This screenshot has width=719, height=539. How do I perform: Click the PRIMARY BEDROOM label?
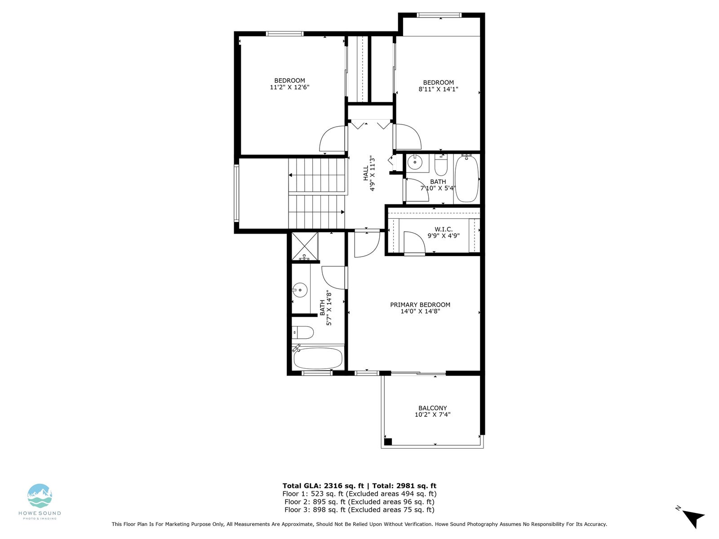tap(420, 305)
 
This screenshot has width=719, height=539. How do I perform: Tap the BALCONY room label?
tap(432, 408)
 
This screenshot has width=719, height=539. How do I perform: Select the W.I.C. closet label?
tap(444, 230)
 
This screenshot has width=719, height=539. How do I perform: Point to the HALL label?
tap(365, 173)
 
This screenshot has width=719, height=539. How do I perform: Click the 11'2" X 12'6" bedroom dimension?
tap(289, 87)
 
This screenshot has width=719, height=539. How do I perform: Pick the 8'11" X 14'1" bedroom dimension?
tap(438, 89)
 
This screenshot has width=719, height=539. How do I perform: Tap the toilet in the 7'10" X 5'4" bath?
tap(441, 166)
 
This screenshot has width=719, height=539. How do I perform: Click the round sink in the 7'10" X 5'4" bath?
tap(415, 162)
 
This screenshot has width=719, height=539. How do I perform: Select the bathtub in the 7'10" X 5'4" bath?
tap(467, 179)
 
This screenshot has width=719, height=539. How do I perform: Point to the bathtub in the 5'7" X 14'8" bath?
tap(318, 358)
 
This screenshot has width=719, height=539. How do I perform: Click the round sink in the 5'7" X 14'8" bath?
tap(300, 290)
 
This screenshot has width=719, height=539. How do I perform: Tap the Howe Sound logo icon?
tap(40, 496)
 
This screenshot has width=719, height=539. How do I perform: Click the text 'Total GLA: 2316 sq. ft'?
tap(322, 486)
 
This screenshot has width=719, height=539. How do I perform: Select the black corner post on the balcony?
tap(388, 442)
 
